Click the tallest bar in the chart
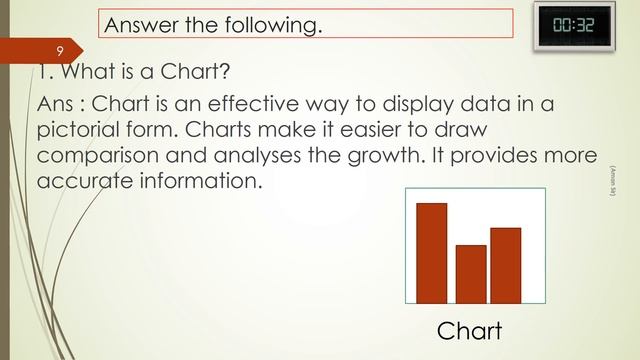click(431, 252)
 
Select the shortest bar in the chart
click(471, 273)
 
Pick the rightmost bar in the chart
click(506, 264)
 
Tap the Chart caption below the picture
click(469, 330)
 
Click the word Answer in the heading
click(140, 24)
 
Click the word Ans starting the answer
click(54, 105)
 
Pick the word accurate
click(78, 183)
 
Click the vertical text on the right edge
click(612, 186)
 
